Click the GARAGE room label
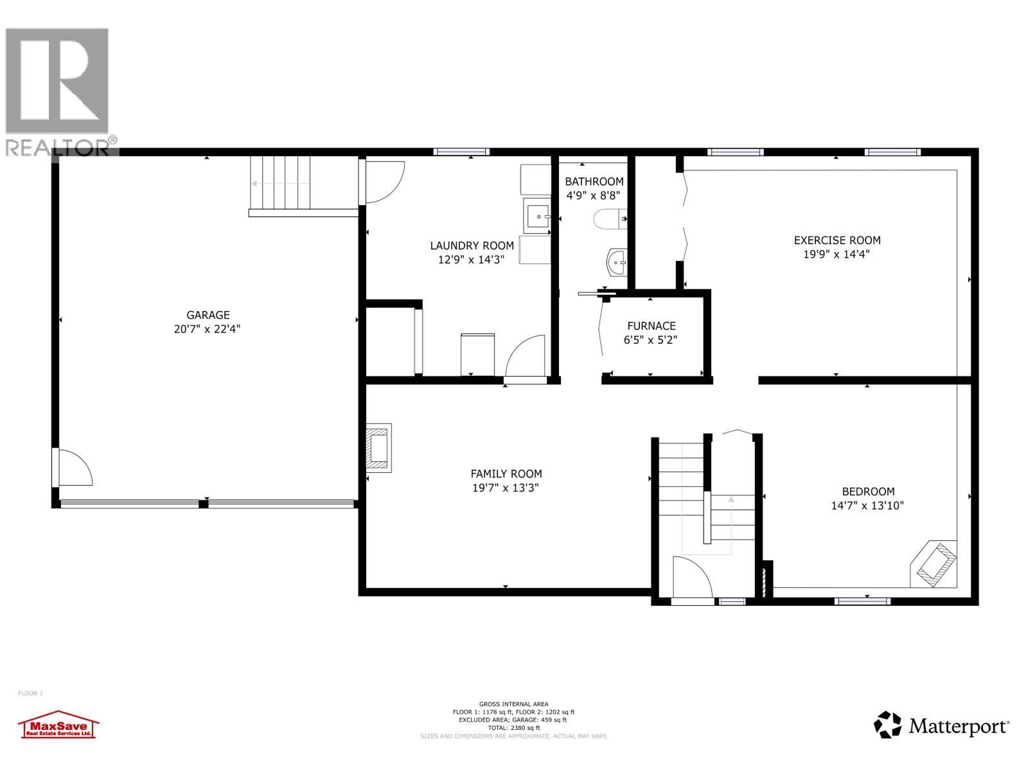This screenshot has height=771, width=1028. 208,315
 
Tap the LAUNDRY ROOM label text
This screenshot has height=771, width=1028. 472,245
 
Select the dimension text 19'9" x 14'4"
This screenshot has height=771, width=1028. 837,254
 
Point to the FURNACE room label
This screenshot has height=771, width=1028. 651,326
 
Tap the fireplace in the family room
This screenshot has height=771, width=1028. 378,448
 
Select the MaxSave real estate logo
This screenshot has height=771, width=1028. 58,725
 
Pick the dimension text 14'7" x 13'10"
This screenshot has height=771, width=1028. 867,506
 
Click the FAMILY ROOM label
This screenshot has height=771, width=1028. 506,474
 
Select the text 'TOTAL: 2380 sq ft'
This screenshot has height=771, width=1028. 513,728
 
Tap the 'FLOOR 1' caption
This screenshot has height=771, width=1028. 30,693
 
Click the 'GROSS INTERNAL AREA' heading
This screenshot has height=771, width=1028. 513,704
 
